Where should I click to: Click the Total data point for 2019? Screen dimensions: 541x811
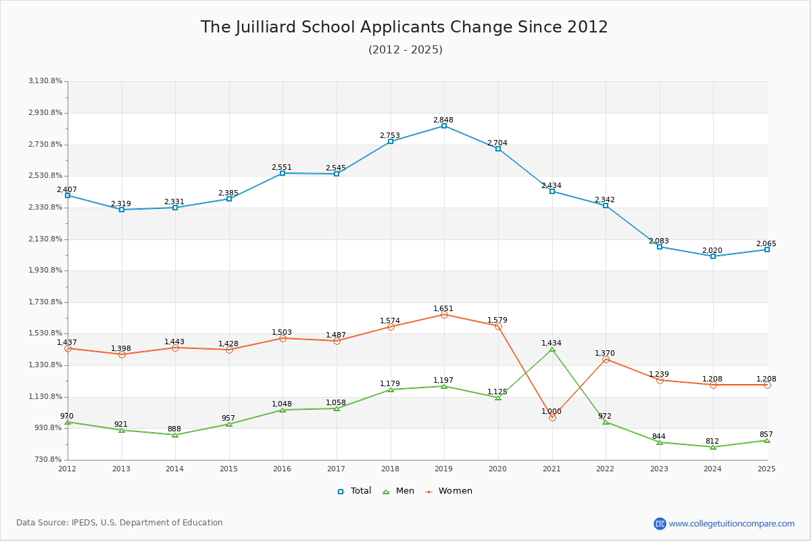444,126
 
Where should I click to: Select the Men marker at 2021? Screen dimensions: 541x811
552,349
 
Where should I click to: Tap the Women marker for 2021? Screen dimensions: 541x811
552,417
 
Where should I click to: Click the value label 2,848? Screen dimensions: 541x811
443,120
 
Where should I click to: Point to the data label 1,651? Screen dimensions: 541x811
443,308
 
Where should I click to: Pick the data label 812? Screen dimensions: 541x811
712,441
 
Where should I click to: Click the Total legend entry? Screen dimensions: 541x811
355,491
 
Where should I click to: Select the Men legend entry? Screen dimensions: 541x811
399,491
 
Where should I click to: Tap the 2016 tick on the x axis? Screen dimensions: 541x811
282,468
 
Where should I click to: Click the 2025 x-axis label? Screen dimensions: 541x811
766,468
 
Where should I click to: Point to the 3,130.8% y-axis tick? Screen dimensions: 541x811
45,81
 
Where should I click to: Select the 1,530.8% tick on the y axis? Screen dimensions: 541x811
45,333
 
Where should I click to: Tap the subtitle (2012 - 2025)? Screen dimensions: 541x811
405,49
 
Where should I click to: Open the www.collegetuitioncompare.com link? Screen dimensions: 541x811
731,523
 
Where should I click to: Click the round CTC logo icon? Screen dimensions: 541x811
660,523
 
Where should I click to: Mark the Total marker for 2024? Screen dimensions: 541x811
713,256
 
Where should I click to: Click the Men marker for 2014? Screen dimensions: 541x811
175,435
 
